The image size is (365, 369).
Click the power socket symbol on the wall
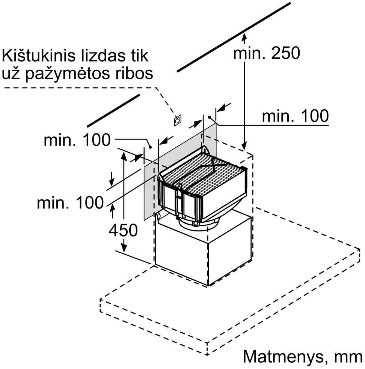pyautogui.click(x=178, y=120)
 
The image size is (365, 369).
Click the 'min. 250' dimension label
pyautogui.click(x=267, y=53)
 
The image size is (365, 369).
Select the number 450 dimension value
pyautogui.click(x=123, y=230)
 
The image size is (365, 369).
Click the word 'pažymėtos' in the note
pyautogui.click(x=68, y=73)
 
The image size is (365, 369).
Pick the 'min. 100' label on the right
pyautogui.click(x=295, y=115)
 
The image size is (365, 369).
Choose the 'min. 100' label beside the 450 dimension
pyautogui.click(x=70, y=202)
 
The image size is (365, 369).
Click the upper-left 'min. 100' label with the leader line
pyautogui.click(x=77, y=140)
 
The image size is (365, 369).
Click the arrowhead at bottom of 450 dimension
pyautogui.click(x=124, y=248)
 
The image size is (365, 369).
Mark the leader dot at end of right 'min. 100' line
pyautogui.click(x=209, y=117)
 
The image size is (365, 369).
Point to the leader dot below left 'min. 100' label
pyautogui.click(x=150, y=147)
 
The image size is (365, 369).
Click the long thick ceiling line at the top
pyautogui.click(x=234, y=37)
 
